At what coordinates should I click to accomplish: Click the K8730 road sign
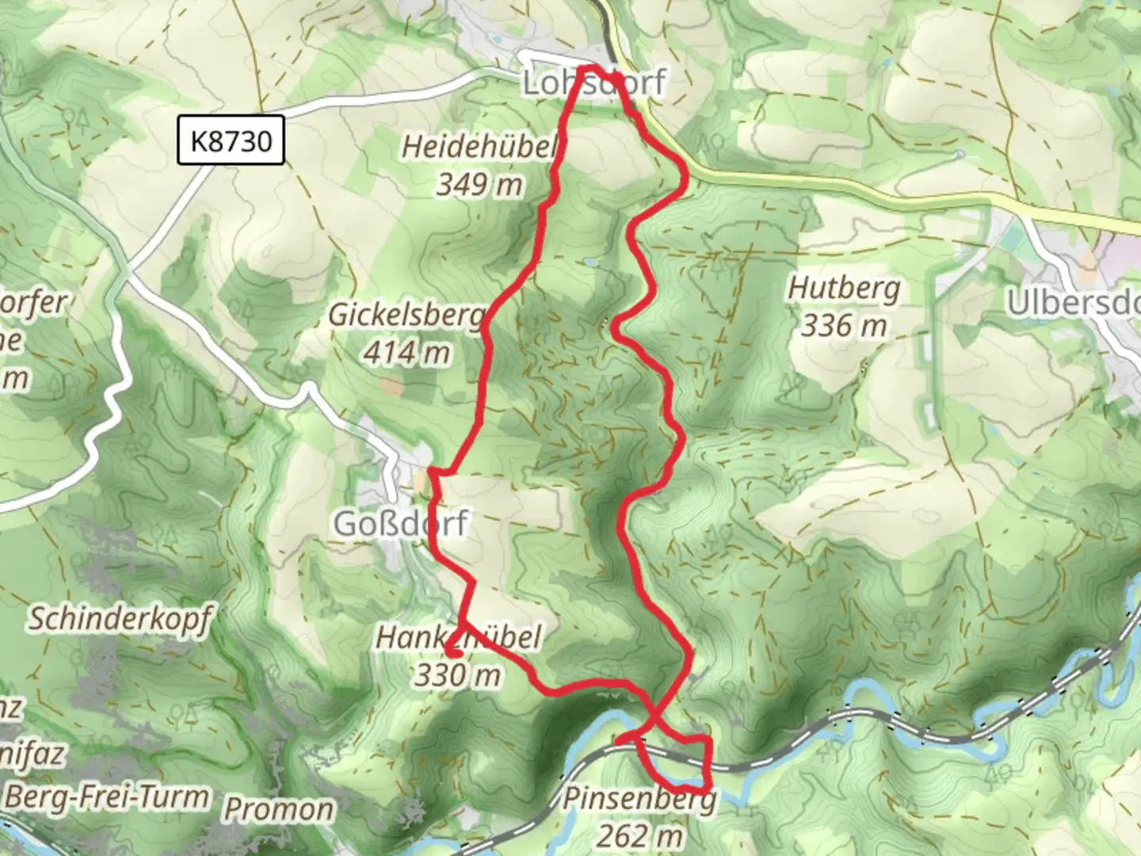(231, 140)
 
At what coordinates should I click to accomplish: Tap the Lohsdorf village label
(593, 82)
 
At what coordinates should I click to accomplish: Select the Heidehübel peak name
(479, 146)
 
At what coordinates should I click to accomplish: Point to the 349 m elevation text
(479, 184)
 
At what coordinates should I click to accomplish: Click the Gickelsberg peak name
(406, 315)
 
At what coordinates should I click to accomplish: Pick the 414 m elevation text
(406, 352)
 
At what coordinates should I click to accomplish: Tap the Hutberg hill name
(843, 288)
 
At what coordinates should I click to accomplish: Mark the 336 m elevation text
(843, 324)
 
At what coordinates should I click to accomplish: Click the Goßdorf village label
(401, 523)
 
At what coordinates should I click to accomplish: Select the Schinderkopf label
(120, 617)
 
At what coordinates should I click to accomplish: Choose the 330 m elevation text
(458, 674)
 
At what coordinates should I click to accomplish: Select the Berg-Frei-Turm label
(106, 796)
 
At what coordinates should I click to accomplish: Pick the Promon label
(278, 809)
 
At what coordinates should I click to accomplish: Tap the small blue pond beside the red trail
(591, 260)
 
